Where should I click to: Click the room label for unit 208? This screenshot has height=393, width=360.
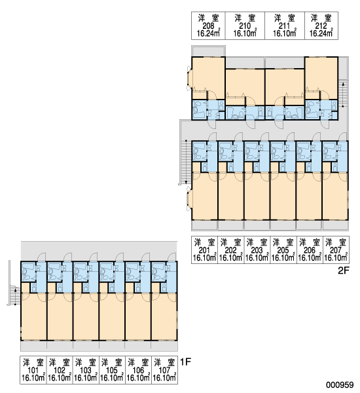[x=208, y=26]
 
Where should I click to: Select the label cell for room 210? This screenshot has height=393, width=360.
[x=245, y=26]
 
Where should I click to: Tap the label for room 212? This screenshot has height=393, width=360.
[x=321, y=26]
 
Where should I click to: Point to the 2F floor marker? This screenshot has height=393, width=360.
[x=343, y=271]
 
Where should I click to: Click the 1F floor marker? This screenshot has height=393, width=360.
[x=185, y=362]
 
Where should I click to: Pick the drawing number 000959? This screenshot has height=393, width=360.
[x=340, y=384]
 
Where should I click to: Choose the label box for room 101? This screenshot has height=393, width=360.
[x=33, y=370]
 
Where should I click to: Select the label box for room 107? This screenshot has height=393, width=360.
[x=164, y=370]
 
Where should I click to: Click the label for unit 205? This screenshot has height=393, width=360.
[x=283, y=250]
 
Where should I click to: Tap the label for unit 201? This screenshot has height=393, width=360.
[x=205, y=250]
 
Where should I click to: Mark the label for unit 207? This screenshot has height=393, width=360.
[x=336, y=250]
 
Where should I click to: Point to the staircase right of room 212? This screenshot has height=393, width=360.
[x=343, y=94]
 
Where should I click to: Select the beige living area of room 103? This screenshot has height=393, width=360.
[x=86, y=316]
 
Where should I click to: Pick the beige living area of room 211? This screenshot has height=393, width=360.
[x=285, y=86]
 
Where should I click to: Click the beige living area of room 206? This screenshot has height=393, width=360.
[x=309, y=196]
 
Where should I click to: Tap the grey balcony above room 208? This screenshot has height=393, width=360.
[x=208, y=51]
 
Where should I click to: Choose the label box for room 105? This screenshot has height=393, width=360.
[x=112, y=370]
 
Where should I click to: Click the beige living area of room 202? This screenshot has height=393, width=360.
[x=230, y=196]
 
